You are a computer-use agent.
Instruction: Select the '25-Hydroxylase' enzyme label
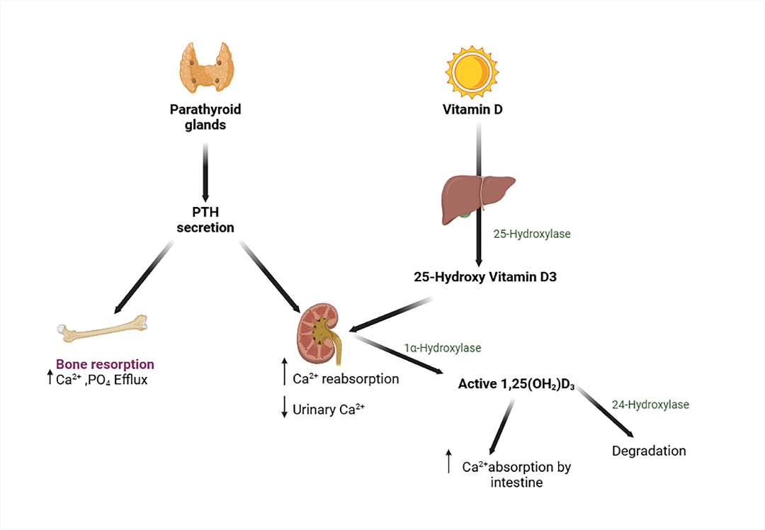point(532,232)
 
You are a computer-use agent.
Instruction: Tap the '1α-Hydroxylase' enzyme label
point(444,348)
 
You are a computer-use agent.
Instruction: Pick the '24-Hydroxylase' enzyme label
point(650,405)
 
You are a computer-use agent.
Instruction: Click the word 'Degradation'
point(649,451)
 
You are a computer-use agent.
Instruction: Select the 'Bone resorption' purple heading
point(105,364)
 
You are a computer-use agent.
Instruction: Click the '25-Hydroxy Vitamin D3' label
point(485,277)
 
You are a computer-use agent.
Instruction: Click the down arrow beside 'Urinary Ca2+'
point(284,407)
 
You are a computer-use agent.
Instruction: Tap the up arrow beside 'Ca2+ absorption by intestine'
point(448,461)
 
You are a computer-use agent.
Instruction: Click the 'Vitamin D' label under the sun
point(467,111)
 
